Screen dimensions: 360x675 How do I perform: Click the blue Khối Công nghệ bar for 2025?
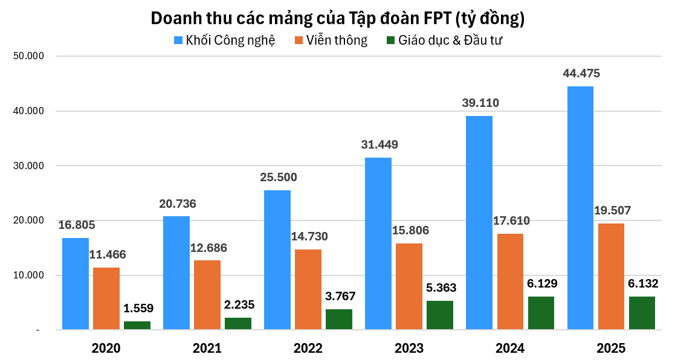tap(580, 208)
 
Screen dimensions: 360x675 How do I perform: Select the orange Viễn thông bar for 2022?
tap(308, 289)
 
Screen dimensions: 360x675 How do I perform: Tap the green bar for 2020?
tap(137, 325)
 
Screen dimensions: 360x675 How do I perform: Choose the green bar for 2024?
tap(541, 313)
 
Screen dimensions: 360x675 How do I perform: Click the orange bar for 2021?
tap(207, 295)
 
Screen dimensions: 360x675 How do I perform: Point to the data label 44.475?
tap(581, 74)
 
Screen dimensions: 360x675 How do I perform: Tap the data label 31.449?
tap(379, 144)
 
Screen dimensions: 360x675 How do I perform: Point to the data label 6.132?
tap(642, 283)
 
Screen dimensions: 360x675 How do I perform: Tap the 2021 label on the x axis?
tap(207, 349)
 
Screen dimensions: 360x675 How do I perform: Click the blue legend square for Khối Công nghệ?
tap(178, 40)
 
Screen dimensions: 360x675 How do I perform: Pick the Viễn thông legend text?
tap(337, 40)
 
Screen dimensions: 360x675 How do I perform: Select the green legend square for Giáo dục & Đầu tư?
tap(390, 40)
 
